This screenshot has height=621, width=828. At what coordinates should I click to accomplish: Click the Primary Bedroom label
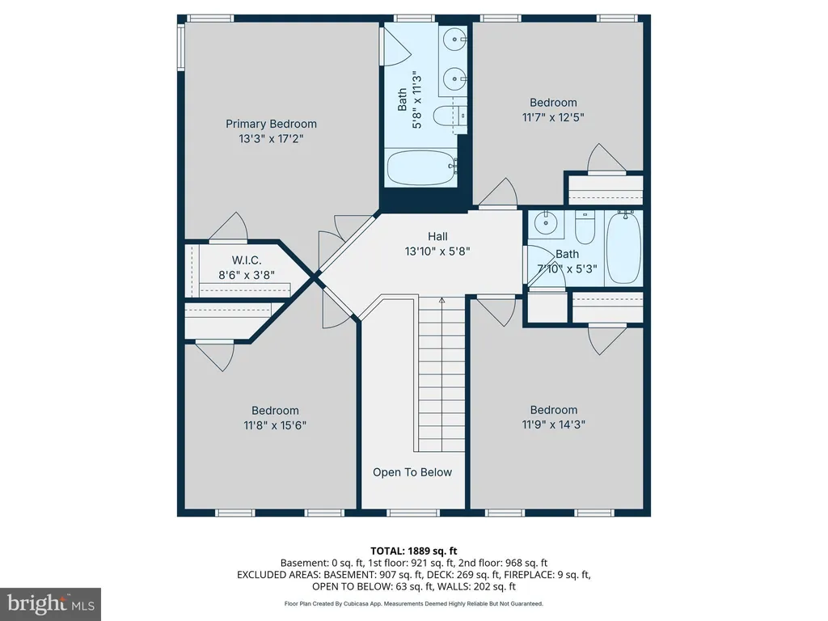272,124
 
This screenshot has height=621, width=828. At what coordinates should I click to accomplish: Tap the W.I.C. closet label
247,260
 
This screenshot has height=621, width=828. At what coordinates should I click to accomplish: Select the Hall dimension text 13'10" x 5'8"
437,251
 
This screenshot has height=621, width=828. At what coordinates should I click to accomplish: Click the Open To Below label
412,472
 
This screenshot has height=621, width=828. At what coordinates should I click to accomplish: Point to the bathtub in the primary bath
421,168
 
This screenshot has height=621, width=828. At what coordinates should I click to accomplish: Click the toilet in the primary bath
450,116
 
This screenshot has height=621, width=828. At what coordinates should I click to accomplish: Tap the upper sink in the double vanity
454,39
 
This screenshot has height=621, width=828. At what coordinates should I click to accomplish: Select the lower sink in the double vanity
454,80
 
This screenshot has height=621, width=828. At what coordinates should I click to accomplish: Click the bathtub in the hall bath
623,247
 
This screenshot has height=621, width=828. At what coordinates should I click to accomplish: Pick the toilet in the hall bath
585,227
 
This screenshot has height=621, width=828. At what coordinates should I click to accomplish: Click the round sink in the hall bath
546,223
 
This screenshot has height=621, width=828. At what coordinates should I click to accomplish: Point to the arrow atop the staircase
442,301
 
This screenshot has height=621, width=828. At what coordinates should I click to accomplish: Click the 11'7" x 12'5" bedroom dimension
553,117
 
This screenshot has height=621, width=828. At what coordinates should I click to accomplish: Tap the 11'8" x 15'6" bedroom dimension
275,425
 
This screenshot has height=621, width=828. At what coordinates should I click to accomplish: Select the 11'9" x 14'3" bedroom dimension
553,424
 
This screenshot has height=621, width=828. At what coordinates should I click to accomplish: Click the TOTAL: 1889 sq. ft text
413,551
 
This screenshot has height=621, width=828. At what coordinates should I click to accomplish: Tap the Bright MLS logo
51,603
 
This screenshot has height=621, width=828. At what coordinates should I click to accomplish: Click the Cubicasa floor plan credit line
413,603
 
